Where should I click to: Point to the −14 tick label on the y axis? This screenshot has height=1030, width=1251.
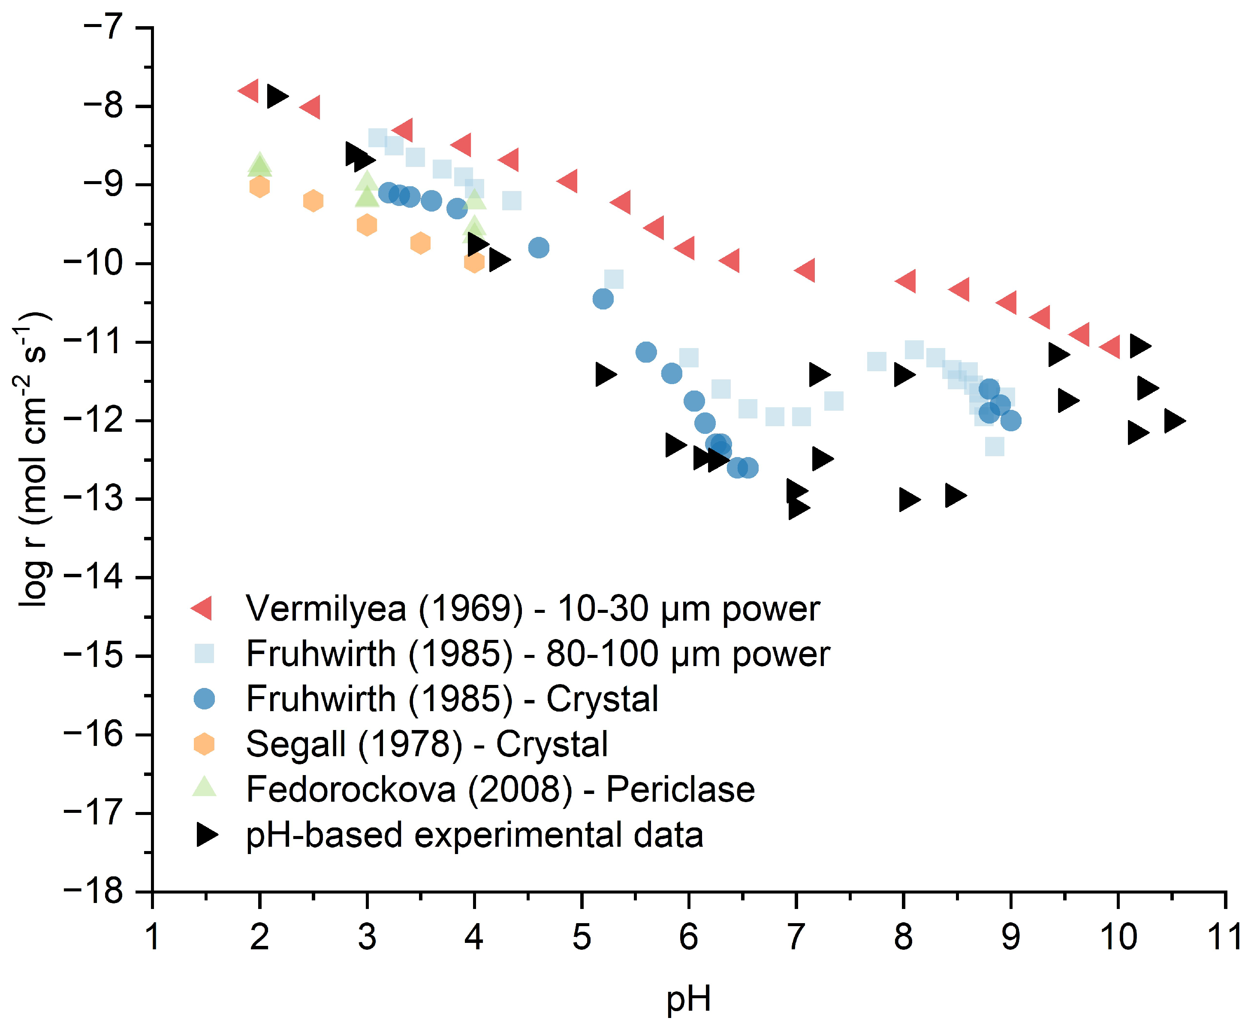point(94,577)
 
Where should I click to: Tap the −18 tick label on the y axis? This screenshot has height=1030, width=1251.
point(94,891)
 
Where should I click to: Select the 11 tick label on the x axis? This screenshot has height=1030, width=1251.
point(1224,937)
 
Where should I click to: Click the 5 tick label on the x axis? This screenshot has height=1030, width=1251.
point(582,937)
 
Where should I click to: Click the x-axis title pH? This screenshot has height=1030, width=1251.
point(688,999)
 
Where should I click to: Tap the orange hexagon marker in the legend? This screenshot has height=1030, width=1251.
point(204,743)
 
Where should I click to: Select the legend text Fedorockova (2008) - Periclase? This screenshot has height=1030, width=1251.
point(500,789)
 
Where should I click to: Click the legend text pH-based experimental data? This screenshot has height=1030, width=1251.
point(474,835)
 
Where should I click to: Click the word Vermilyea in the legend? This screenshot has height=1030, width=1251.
point(326,608)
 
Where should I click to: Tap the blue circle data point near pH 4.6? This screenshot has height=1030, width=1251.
point(538,247)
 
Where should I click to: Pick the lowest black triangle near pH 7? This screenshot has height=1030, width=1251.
point(798,507)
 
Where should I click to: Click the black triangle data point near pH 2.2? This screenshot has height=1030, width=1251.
point(276,96)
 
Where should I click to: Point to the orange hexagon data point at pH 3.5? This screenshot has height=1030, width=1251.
point(420,242)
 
